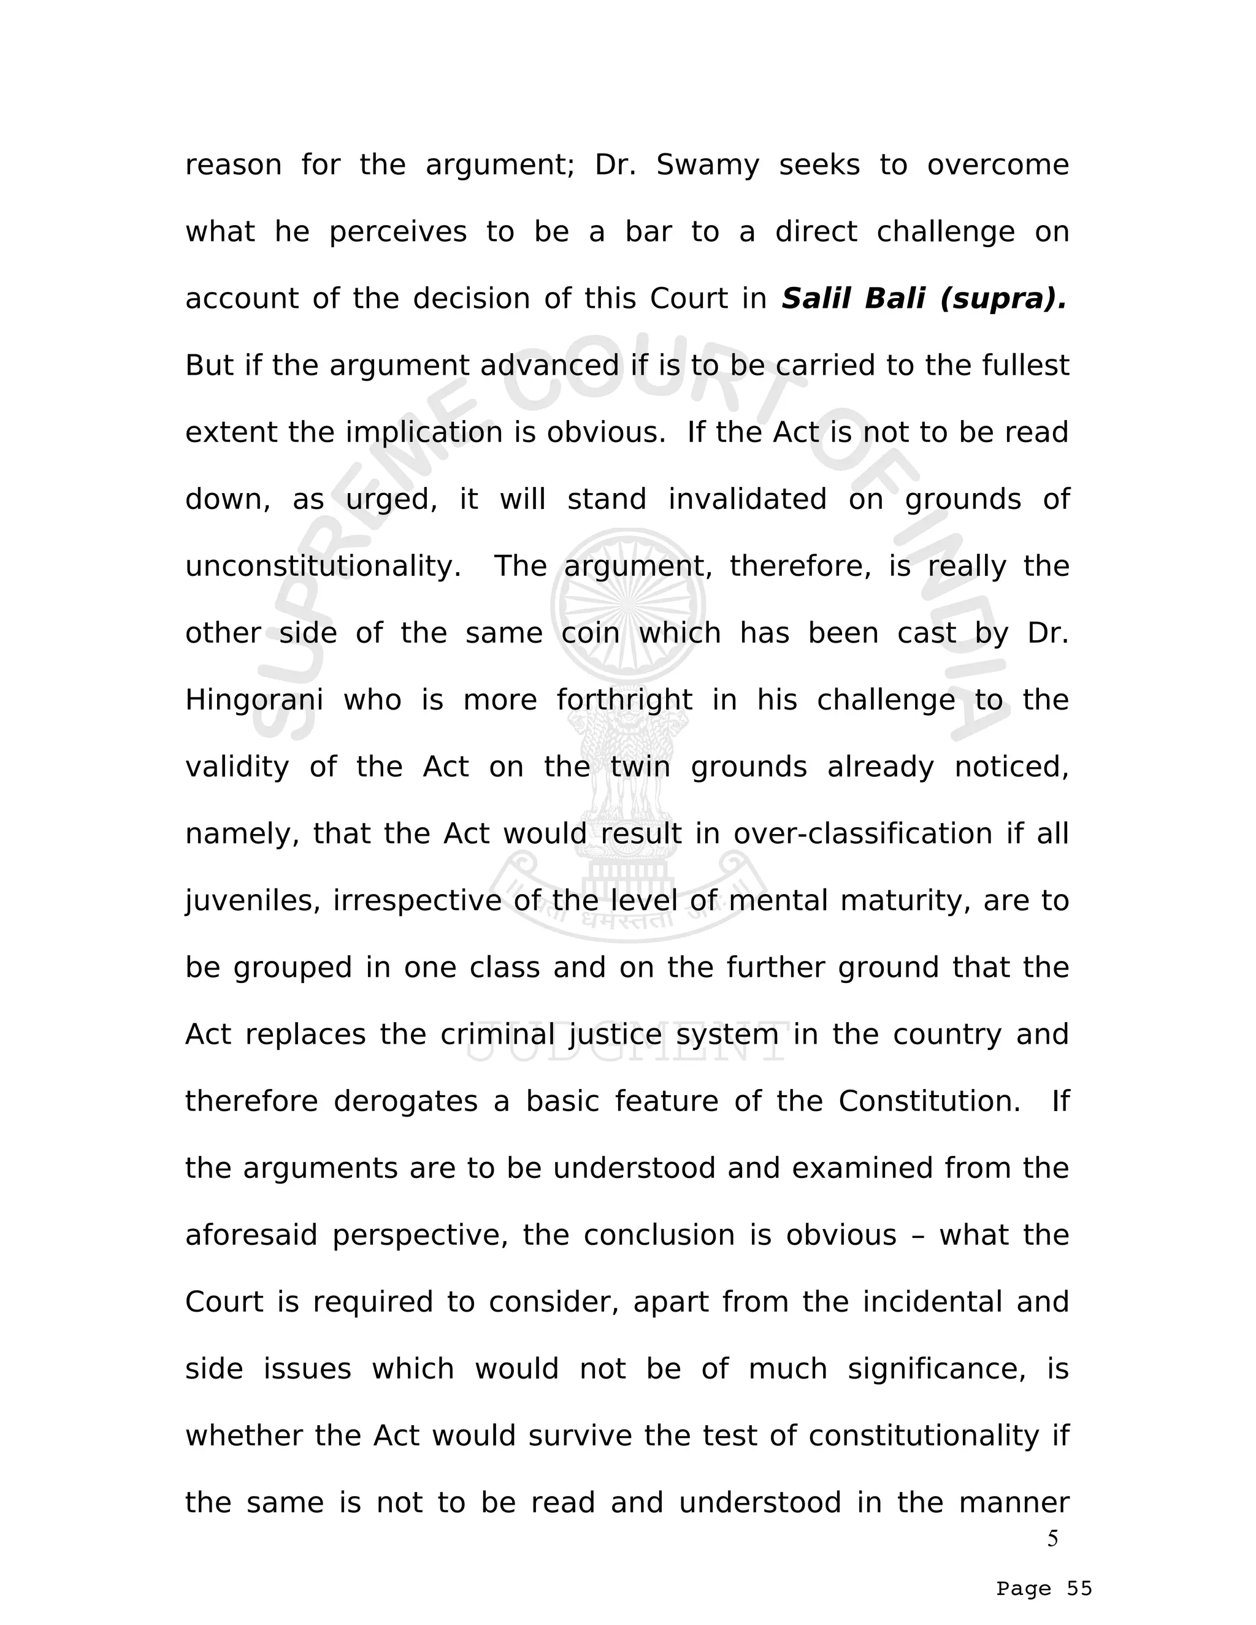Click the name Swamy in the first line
coord(707,165)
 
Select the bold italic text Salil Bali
coord(852,299)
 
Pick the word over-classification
coord(862,834)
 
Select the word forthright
coord(624,701)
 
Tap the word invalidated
coord(747,499)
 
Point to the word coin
coord(590,634)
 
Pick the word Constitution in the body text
coord(929,1102)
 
